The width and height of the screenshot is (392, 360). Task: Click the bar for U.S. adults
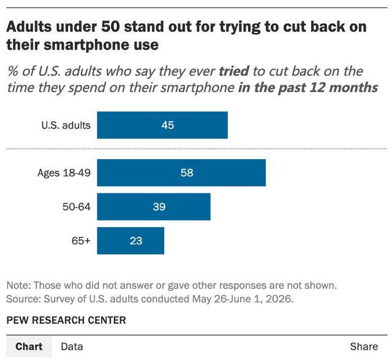[162, 125]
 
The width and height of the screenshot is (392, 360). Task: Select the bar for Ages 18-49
[181, 173]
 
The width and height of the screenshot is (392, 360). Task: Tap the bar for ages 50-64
[154, 206]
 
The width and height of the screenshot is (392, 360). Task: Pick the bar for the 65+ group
[130, 241]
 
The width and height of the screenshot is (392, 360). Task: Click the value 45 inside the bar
[167, 125]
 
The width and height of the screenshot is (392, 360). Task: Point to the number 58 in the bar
[187, 173]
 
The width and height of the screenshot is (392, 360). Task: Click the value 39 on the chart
[159, 206]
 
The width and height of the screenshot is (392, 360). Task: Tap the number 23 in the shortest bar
[136, 241]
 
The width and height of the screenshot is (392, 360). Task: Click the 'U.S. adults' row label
[66, 125]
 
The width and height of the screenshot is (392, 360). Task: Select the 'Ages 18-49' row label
[64, 173]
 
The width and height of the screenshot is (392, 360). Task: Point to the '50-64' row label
[77, 206]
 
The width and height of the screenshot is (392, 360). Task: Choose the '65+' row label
[81, 241]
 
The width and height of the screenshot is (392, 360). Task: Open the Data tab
[72, 347]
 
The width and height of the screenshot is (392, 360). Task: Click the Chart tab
[29, 347]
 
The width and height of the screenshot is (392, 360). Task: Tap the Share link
[364, 347]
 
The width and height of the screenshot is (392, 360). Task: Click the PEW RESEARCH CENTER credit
[66, 320]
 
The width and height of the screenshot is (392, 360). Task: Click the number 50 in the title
[110, 26]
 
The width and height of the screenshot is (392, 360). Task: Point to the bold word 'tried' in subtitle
[234, 71]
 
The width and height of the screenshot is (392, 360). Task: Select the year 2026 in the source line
[279, 299]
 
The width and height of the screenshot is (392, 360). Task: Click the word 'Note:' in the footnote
[18, 285]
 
